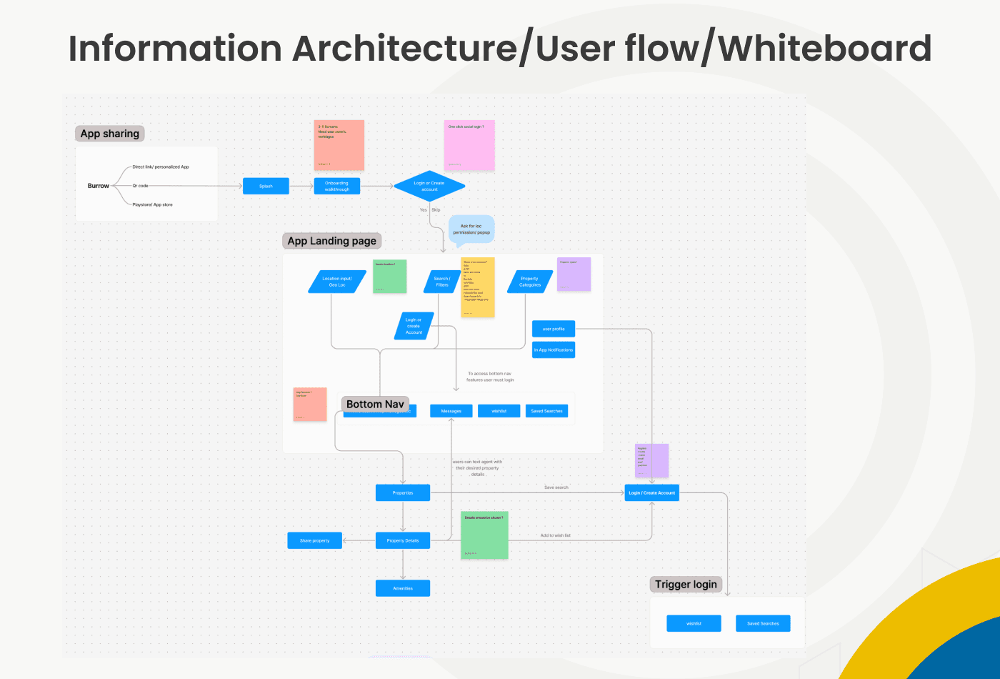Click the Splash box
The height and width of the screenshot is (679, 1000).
pyautogui.click(x=266, y=186)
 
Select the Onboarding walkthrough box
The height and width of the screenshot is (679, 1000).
pyautogui.click(x=336, y=186)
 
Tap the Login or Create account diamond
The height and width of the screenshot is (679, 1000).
pyautogui.click(x=429, y=186)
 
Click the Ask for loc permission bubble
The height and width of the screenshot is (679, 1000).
pyautogui.click(x=471, y=229)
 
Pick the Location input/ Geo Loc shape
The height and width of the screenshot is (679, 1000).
pyautogui.click(x=337, y=282)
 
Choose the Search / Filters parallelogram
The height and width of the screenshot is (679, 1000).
pyautogui.click(x=442, y=282)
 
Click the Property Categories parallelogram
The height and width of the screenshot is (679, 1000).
pyautogui.click(x=530, y=282)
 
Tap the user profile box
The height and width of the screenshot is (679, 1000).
pyautogui.click(x=554, y=329)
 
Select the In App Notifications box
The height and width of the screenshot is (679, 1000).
pyautogui.click(x=554, y=350)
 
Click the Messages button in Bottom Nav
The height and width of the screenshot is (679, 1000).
pyautogui.click(x=451, y=411)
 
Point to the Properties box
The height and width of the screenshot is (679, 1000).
pyautogui.click(x=403, y=492)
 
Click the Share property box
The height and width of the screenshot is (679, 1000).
pyautogui.click(x=315, y=540)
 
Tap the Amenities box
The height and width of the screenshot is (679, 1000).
pyautogui.click(x=403, y=588)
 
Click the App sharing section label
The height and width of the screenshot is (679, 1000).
pyautogui.click(x=110, y=134)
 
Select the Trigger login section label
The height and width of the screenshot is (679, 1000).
pyautogui.click(x=686, y=585)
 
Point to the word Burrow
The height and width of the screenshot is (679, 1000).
pyautogui.click(x=99, y=186)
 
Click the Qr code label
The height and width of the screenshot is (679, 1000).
pyautogui.click(x=141, y=186)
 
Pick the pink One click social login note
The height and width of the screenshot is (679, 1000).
pyautogui.click(x=469, y=145)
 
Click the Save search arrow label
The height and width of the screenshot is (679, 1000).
pyautogui.click(x=556, y=487)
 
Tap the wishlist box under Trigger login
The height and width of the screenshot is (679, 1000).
pyautogui.click(x=694, y=623)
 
